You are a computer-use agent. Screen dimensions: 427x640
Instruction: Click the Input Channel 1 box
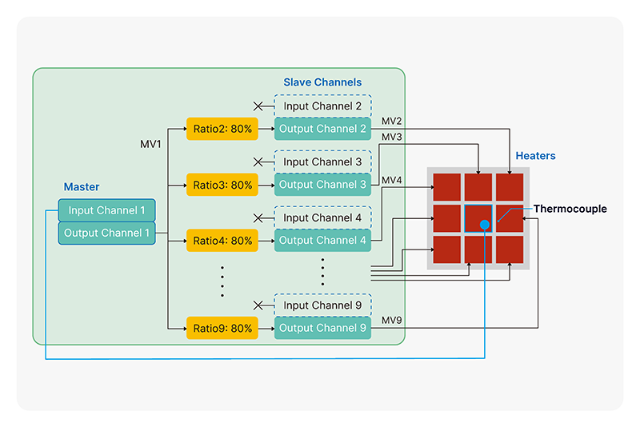pos(106,210)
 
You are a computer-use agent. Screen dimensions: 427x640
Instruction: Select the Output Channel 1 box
pos(106,233)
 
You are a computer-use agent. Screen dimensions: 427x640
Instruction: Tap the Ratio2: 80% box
pos(222,129)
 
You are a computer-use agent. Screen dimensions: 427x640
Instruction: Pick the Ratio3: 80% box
pos(222,185)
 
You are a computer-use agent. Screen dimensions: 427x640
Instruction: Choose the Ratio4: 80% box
pos(222,240)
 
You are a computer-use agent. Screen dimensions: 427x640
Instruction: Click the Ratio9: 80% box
pos(222,328)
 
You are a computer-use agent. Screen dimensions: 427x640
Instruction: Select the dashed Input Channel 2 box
pos(323,106)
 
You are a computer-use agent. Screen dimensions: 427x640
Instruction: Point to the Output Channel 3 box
pos(323,185)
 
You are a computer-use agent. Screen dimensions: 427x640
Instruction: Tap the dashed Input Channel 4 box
pos(323,217)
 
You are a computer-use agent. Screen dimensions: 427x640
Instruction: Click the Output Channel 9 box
pos(323,328)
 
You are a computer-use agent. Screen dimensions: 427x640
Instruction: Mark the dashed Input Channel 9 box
pos(323,305)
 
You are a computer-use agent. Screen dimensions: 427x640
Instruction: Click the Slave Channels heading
pos(322,82)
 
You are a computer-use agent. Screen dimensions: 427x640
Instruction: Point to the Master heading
pos(82,187)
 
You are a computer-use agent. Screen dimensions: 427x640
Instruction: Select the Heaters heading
pos(535,156)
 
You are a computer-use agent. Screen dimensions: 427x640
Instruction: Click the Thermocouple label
pos(570,209)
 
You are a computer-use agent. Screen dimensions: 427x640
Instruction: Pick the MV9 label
pos(391,321)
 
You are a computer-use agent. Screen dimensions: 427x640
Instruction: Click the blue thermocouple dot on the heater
pos(485,225)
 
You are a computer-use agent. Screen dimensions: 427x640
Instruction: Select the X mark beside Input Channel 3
pos(258,162)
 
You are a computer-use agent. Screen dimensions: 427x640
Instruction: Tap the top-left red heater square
pos(447,186)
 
